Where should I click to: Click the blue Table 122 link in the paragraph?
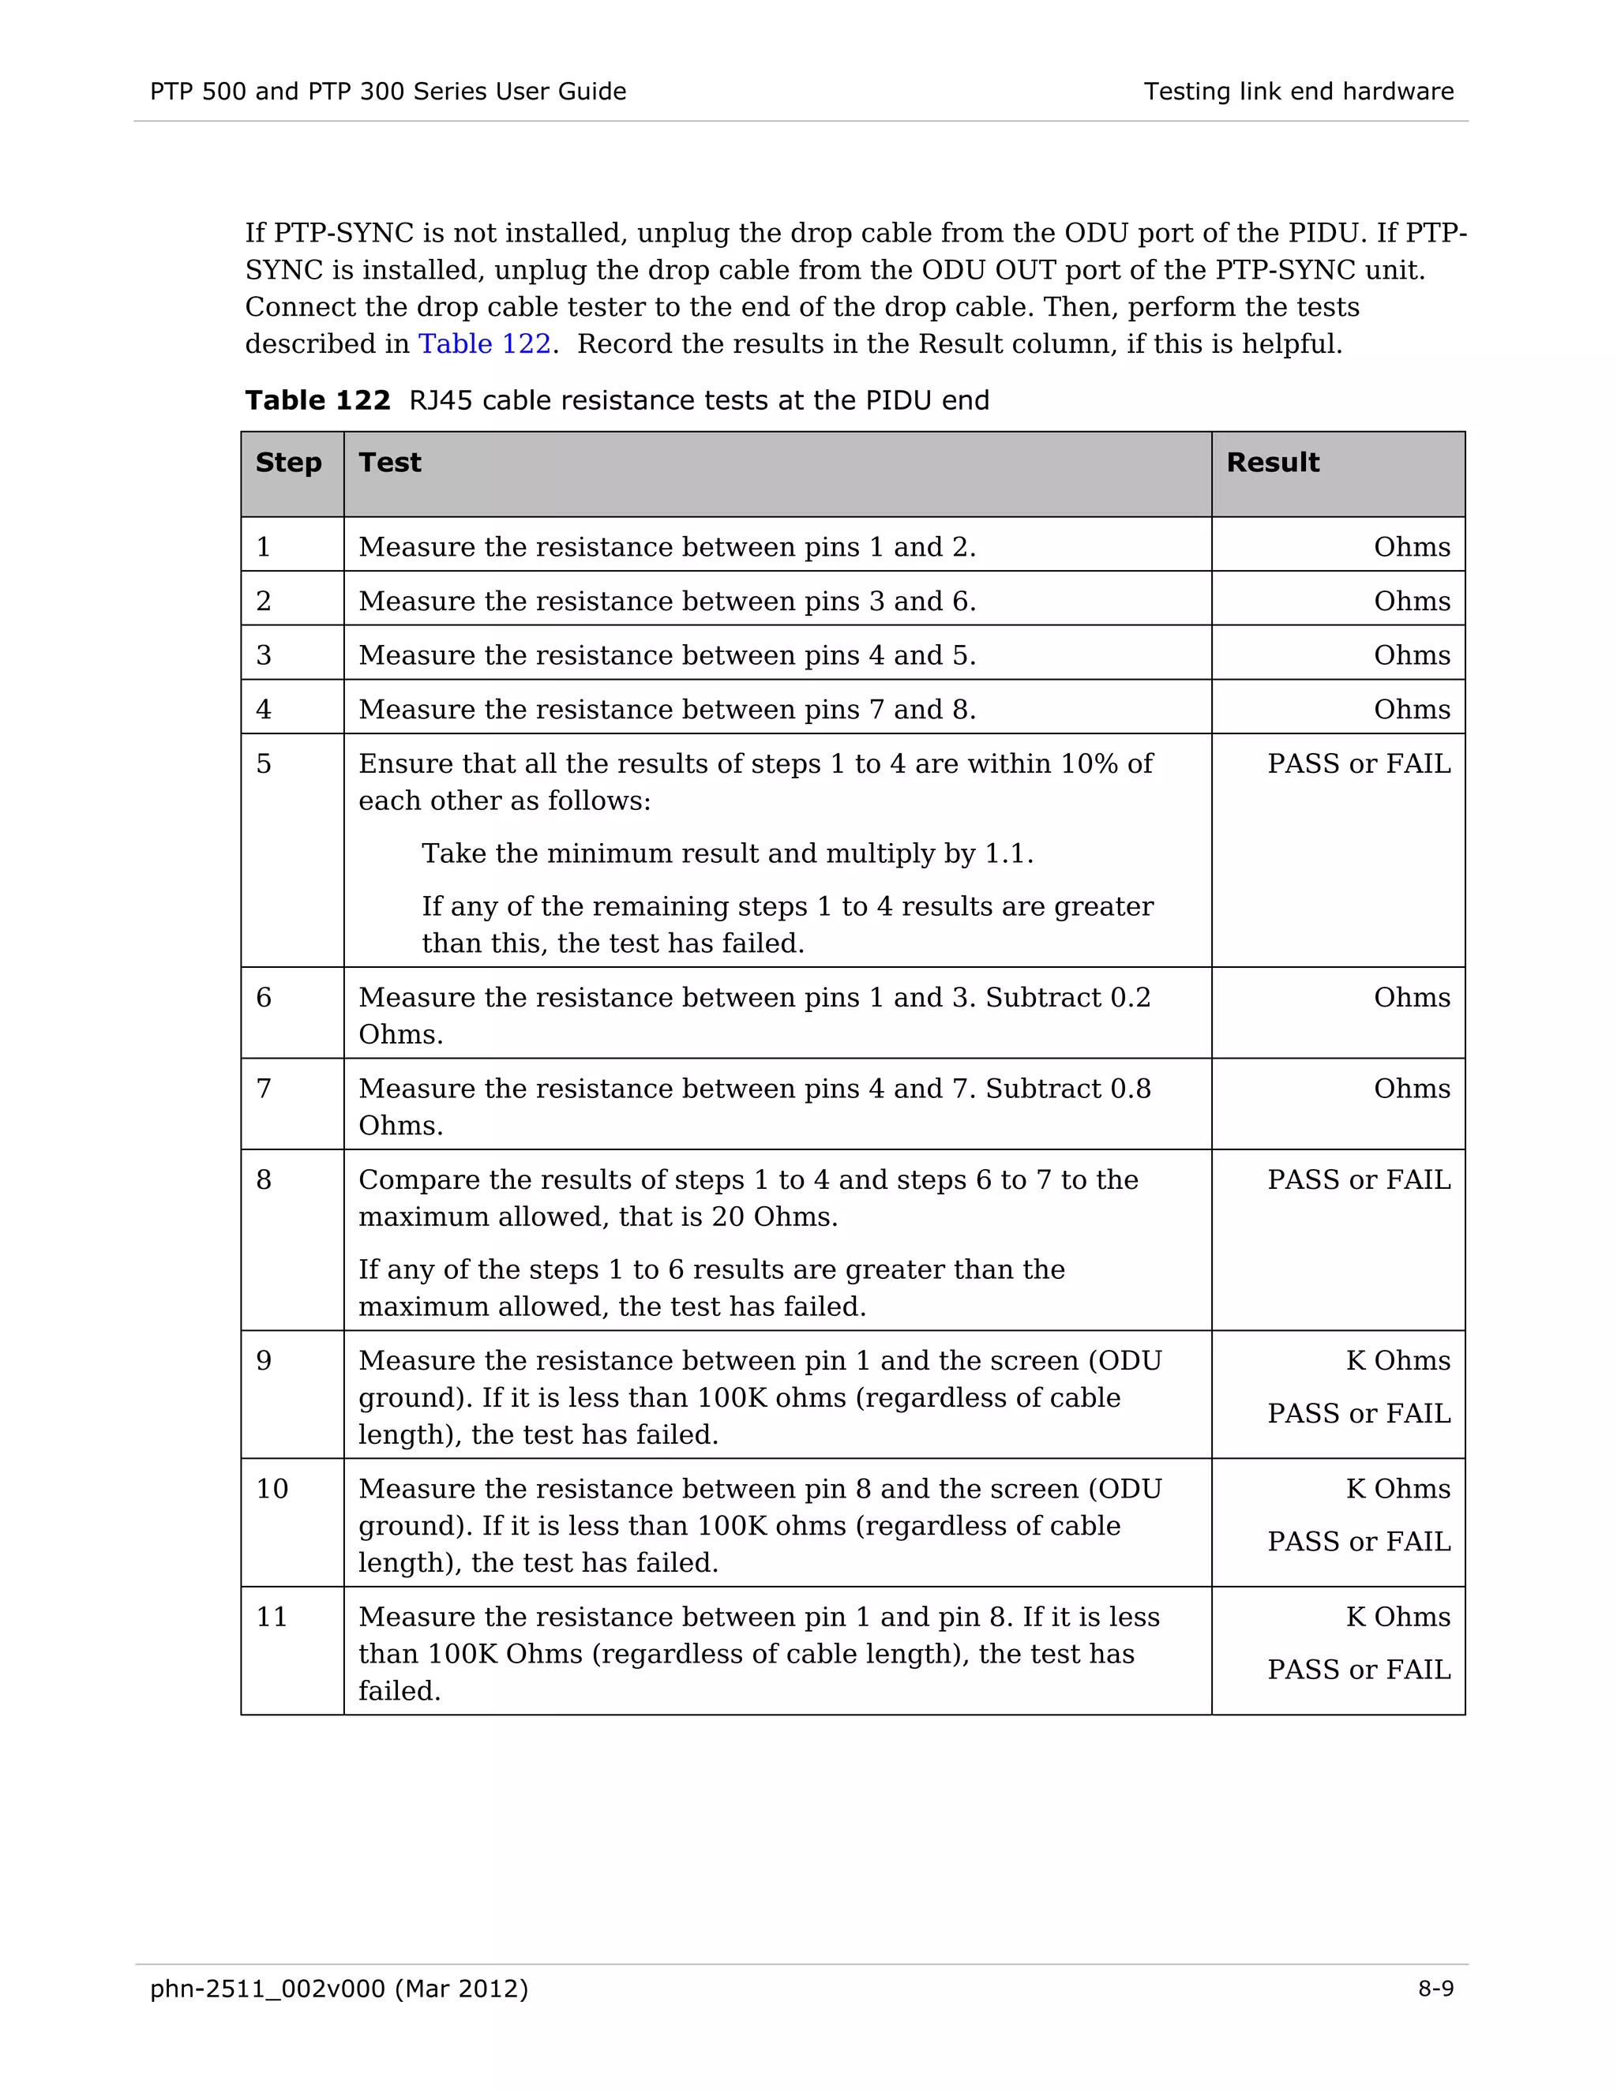tap(484, 344)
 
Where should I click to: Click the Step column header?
tap(288, 463)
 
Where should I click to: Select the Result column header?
tap(1272, 463)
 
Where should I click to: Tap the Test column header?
tap(390, 463)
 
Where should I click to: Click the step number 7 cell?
tap(264, 1089)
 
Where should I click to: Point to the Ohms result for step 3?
tap(1411, 655)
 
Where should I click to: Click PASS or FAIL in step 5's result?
tap(1358, 764)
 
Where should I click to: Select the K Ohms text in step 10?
tap(1398, 1489)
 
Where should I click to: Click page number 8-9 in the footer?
tap(1435, 1989)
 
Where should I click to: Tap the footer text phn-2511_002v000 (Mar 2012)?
tap(339, 1989)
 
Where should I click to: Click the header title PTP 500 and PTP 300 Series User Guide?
tap(388, 92)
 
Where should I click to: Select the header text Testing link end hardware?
tap(1298, 92)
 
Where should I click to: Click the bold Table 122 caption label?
tap(317, 400)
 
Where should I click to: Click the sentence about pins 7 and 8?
tap(666, 710)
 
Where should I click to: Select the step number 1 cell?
tap(264, 547)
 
